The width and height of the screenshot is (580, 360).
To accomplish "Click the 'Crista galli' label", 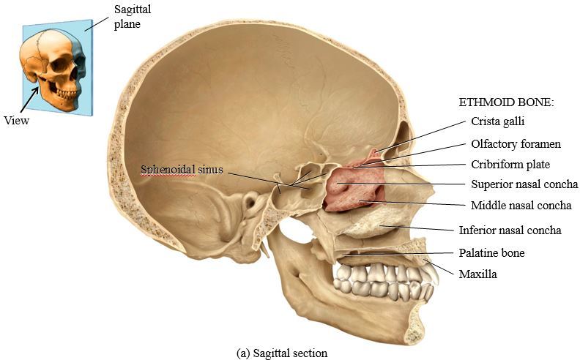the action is coord(498,121).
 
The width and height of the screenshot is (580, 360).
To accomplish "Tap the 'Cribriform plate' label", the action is coord(510,165).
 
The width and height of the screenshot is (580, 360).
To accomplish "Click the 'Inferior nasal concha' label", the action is coord(510,230).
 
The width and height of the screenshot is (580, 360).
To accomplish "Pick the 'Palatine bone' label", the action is coord(491,253).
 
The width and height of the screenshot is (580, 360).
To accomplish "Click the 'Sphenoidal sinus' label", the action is coord(182,170).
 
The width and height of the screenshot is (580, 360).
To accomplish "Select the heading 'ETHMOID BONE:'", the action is coord(506,102).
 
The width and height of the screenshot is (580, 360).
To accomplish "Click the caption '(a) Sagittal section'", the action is coord(282,353).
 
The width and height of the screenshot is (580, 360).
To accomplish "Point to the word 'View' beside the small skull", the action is coord(16,120).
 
